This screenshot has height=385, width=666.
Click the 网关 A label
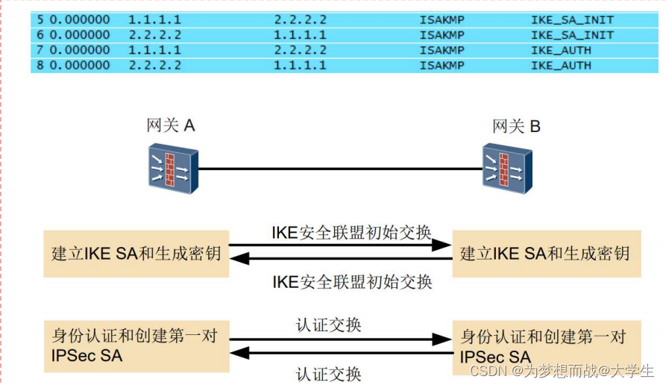(171, 125)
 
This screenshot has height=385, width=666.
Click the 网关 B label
(516, 125)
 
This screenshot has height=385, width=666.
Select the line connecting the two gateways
(339, 169)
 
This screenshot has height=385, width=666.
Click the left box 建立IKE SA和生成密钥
(136, 254)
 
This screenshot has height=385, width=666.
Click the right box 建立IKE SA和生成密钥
(545, 254)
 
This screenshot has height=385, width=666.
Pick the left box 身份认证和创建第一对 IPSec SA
(136, 345)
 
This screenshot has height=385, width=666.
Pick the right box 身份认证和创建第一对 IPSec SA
(545, 345)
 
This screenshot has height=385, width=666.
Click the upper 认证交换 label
(329, 325)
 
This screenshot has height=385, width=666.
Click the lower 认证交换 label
(329, 373)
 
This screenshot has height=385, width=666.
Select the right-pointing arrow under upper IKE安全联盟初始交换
(340, 245)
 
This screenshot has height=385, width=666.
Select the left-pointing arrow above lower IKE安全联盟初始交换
(340, 259)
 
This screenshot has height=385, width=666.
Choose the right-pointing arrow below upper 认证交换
(340, 339)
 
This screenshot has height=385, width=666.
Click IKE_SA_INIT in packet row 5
(572, 20)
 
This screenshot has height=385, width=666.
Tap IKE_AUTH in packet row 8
(561, 65)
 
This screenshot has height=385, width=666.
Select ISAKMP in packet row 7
(442, 50)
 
